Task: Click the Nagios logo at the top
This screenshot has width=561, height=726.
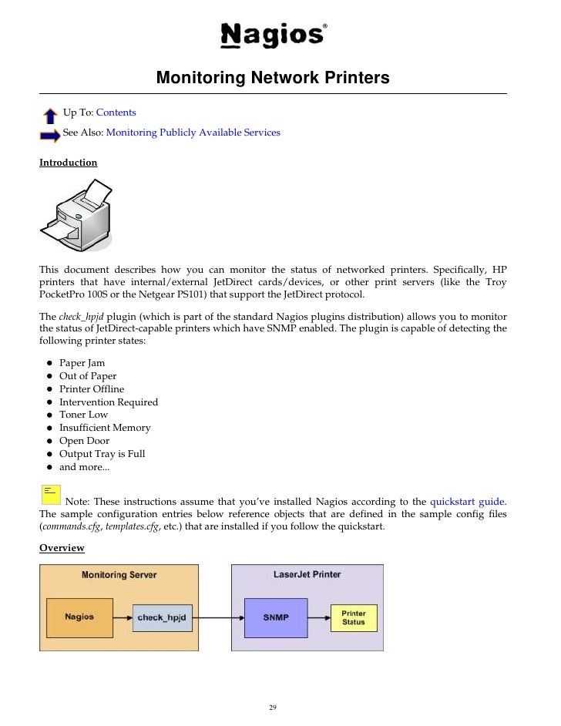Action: click(273, 35)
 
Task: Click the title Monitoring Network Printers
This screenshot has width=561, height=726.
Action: click(273, 78)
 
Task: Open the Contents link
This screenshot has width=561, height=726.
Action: click(116, 113)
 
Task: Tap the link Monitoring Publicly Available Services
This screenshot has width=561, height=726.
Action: click(193, 133)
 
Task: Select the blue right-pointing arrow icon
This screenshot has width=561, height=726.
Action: click(50, 136)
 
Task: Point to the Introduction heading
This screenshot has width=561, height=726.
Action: click(69, 163)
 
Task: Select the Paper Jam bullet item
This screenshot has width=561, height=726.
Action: click(82, 363)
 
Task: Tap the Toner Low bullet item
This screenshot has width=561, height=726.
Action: click(83, 415)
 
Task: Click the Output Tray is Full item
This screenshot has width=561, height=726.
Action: click(102, 454)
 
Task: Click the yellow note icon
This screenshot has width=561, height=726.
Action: click(50, 492)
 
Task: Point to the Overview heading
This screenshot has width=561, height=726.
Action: click(62, 548)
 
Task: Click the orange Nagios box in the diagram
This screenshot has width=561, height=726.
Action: click(79, 617)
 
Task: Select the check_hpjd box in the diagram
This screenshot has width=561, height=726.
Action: click(162, 617)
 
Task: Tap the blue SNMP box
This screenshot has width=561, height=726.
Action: click(274, 617)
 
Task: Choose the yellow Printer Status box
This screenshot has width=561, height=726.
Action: click(354, 617)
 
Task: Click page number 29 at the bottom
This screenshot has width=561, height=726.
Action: click(273, 708)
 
